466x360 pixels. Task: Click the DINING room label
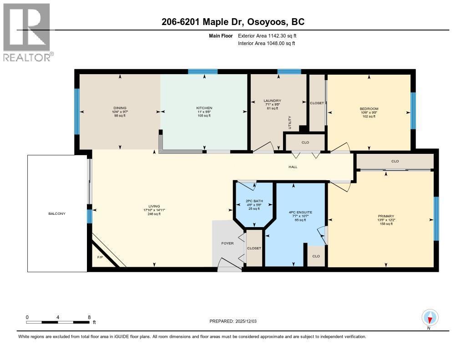[120, 108]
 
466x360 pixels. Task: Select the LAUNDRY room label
[272, 101]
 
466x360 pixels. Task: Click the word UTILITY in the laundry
[289, 122]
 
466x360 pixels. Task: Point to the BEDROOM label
[369, 109]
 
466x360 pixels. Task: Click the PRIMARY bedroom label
[385, 216]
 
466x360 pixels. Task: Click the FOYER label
[228, 243]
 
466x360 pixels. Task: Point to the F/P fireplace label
[100, 258]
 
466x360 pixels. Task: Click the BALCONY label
[57, 213]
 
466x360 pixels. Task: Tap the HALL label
[293, 167]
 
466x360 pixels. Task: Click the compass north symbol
[430, 317]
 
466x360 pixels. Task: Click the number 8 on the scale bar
[89, 317]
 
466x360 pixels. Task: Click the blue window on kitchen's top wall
[203, 71]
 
